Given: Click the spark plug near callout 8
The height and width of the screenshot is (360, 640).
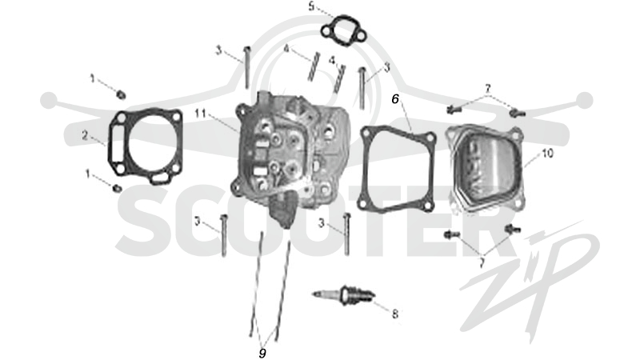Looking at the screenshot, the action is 343,294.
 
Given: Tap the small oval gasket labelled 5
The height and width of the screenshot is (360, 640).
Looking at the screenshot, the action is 342,30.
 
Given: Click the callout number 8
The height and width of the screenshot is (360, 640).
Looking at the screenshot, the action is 394,314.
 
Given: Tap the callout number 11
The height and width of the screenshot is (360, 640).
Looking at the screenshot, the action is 200,113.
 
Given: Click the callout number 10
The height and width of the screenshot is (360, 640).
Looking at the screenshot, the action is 547,153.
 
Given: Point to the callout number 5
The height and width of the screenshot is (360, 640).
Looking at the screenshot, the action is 311,7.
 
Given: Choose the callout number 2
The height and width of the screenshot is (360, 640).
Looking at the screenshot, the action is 85,135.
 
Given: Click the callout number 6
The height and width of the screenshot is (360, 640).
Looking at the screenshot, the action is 395,99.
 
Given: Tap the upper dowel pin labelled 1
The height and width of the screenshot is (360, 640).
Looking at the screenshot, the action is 121,95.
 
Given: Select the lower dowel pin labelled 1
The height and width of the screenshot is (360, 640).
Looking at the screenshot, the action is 117,188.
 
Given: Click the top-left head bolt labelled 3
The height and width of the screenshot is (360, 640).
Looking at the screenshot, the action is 246,67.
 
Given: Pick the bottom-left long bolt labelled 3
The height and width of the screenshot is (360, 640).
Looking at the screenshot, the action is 223,235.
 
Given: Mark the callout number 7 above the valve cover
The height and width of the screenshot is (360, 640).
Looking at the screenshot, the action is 487,88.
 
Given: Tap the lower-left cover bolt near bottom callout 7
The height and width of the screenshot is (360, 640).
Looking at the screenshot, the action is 452,234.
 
